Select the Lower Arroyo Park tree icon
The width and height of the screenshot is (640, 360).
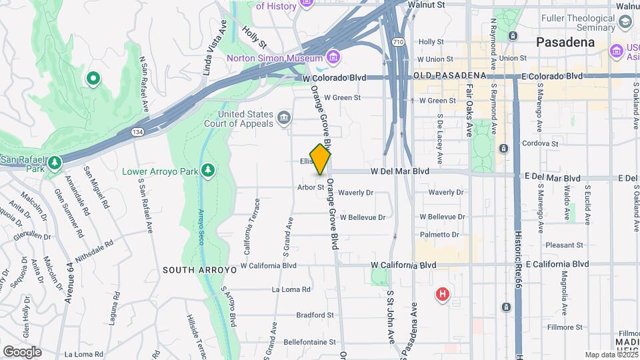coord(208,171)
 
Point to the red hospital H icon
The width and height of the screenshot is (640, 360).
coord(441,293)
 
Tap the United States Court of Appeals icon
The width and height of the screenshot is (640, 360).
coord(284,119)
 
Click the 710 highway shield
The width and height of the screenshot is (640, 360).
coord(399,42)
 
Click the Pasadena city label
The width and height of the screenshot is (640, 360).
coord(565,42)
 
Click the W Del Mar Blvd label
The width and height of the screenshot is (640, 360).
coord(400,171)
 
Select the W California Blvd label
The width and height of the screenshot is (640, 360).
coord(403,265)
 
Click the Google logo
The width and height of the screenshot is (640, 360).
coord(22,351)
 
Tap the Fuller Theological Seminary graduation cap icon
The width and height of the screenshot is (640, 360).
coord(625,22)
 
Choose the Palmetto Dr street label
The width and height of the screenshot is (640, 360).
coord(440,235)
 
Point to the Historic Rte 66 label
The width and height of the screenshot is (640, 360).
coord(518,260)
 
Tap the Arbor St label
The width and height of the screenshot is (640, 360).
coord(311,187)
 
